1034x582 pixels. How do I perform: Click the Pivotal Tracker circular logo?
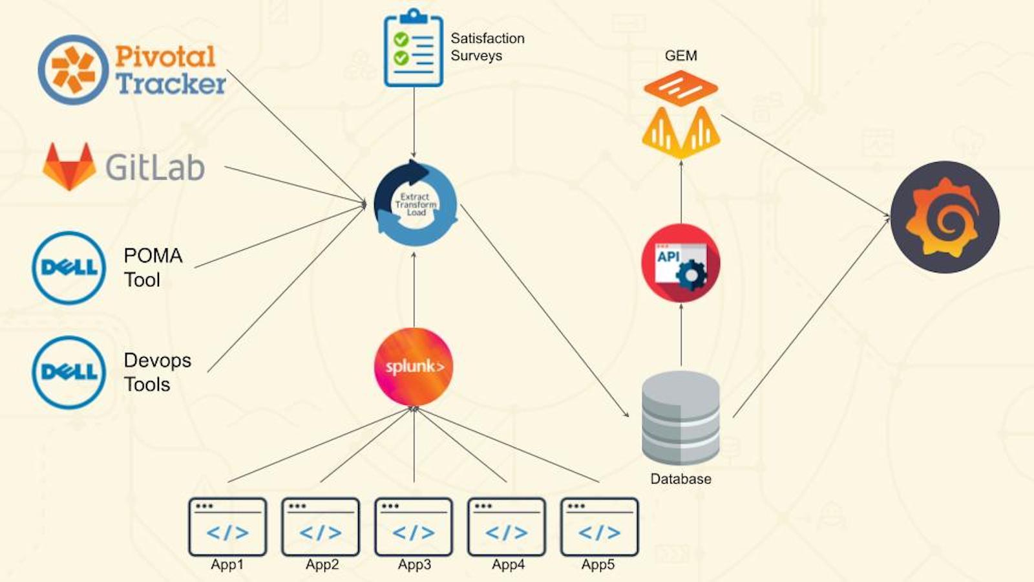[73, 70]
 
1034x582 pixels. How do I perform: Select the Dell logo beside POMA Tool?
[69, 268]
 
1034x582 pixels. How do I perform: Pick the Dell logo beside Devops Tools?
[69, 372]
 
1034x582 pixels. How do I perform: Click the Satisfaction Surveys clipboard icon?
[414, 49]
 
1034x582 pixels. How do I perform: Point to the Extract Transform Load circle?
[415, 204]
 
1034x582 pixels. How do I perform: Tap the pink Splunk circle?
[414, 367]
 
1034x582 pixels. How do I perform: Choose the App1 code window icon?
[227, 526]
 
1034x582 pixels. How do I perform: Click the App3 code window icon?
[414, 526]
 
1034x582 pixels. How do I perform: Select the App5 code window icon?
[599, 526]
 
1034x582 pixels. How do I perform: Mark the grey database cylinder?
[681, 417]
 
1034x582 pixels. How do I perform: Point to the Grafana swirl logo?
[945, 217]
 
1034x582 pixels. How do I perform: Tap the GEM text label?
[681, 56]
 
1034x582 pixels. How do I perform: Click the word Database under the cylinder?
[681, 479]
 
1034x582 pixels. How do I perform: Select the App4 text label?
[508, 565]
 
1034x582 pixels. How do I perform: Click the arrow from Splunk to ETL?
[414, 291]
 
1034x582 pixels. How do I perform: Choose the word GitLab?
[155, 167]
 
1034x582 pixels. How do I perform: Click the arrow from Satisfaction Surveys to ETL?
[414, 123]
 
